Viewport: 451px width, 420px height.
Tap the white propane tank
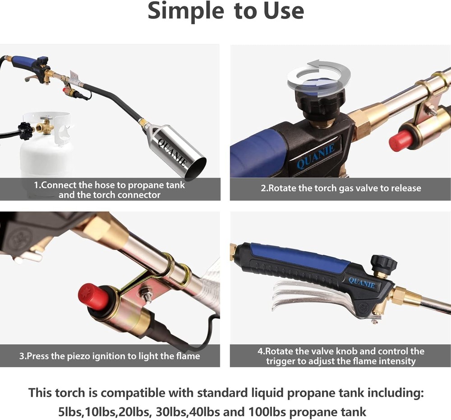click(x=45, y=158)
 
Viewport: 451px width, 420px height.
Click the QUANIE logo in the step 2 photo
click(x=316, y=156)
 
